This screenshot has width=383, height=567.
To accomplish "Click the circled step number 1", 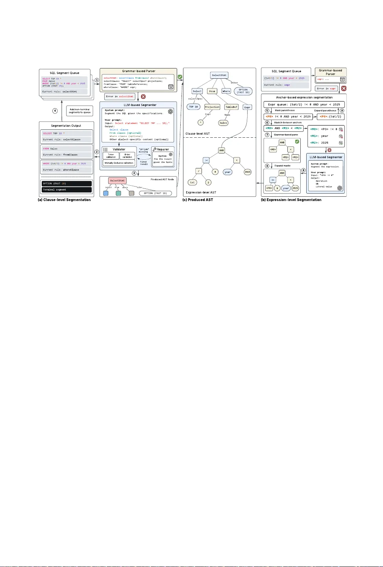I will (97, 80).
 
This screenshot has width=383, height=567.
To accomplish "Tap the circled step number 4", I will (55, 111).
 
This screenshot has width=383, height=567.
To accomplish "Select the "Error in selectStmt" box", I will (120, 96).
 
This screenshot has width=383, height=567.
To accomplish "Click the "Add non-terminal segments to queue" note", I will (80, 111).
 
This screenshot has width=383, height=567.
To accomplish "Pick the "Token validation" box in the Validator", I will (111, 156).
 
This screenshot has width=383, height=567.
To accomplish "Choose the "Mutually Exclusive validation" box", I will (119, 163).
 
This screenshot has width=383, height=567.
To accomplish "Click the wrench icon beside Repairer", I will (154, 150).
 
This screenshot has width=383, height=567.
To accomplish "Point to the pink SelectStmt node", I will (117, 181).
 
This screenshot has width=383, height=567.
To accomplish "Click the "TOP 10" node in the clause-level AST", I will (193, 107).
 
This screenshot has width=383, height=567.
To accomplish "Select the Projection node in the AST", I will (212, 107).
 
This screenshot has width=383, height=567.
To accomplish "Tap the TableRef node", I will (231, 107).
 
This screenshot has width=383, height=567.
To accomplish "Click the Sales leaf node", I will (223, 123).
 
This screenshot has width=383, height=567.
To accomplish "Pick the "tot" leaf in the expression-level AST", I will (192, 182).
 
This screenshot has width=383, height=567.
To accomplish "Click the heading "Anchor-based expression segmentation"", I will (304, 97).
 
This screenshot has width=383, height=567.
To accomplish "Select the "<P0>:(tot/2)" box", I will (331, 116).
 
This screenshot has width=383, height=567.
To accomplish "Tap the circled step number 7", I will (267, 135).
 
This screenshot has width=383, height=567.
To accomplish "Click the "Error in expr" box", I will (327, 89).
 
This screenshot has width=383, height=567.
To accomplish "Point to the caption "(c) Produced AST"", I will (198, 200).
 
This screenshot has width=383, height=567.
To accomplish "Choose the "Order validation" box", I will (128, 156).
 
